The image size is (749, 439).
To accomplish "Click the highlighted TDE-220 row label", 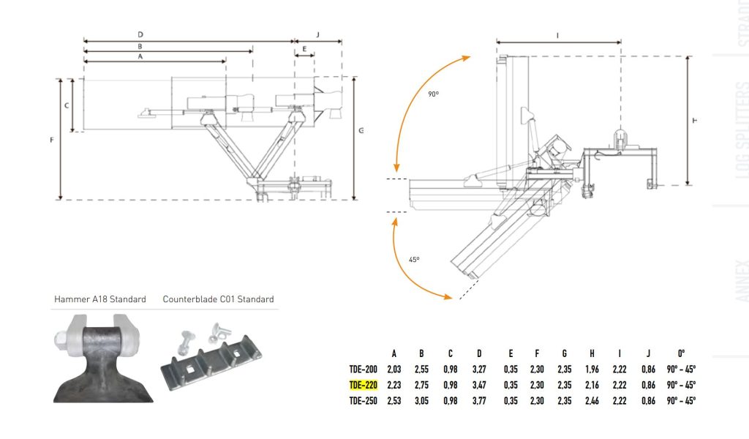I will coord(363,385).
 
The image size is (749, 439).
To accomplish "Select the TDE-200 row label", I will coord(363,369).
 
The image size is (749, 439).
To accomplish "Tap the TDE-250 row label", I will coord(363,401).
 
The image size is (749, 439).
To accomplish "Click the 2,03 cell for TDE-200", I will coord(394,369).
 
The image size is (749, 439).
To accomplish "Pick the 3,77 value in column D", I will coord(479,401).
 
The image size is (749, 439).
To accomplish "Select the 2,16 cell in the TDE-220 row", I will coord(592,385).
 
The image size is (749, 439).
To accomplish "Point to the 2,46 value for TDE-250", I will coord(592,401).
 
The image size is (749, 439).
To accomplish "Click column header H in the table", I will coord(592,352).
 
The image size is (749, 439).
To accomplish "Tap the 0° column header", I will coord(681,352).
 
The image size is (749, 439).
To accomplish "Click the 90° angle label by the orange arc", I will coord(434,94).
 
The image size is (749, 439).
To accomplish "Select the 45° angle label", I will coord(413,260).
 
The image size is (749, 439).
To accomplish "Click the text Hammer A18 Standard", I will coord(100,299).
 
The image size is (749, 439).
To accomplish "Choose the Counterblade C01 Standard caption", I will coord(218,299).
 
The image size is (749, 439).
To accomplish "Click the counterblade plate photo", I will coord(213,356).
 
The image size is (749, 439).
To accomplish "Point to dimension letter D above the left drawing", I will coord(140,34).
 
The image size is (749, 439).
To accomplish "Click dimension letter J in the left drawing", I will coord(317,34).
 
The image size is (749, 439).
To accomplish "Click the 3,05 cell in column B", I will coord(422,401).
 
